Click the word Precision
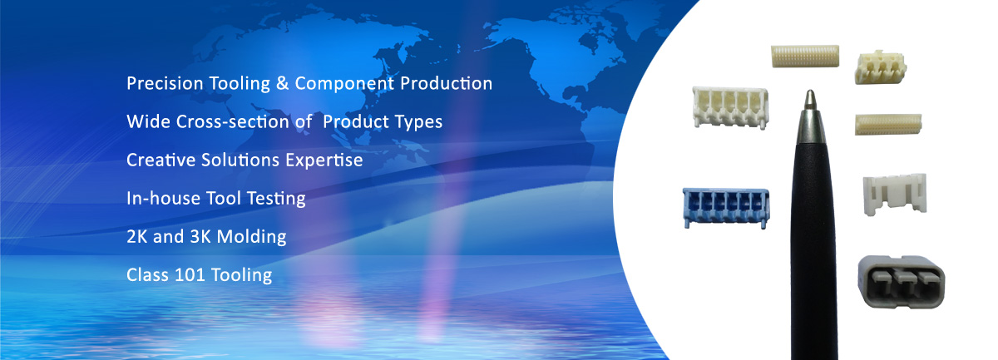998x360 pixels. click(165, 83)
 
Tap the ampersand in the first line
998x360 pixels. click(283, 83)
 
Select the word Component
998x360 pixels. click(344, 84)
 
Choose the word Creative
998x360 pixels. click(161, 160)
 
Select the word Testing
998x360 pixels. click(276, 199)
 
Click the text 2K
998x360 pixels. click(136, 237)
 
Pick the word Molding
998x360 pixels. click(252, 237)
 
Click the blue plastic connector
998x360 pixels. click(726, 208)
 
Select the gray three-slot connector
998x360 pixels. click(902, 282)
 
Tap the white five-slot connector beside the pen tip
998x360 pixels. click(730, 107)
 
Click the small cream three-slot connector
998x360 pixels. click(881, 67)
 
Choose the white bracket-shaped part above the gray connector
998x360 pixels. click(895, 195)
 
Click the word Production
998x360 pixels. click(446, 84)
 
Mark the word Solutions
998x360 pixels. click(240, 160)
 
